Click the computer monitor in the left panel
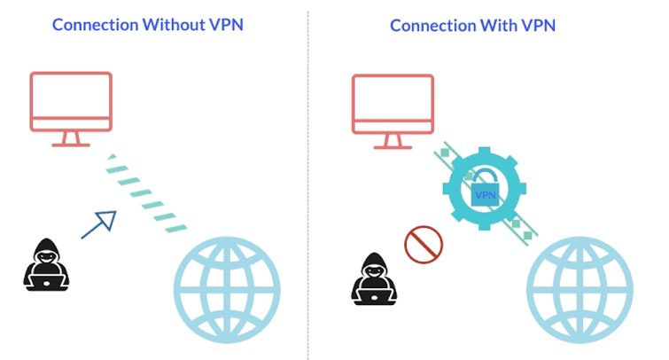(x=71, y=101)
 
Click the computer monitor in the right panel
(x=393, y=101)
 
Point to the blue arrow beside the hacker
(x=99, y=223)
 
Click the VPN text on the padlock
(x=486, y=196)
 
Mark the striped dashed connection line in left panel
(x=146, y=194)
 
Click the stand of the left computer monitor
(x=71, y=139)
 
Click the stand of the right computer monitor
(x=393, y=139)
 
